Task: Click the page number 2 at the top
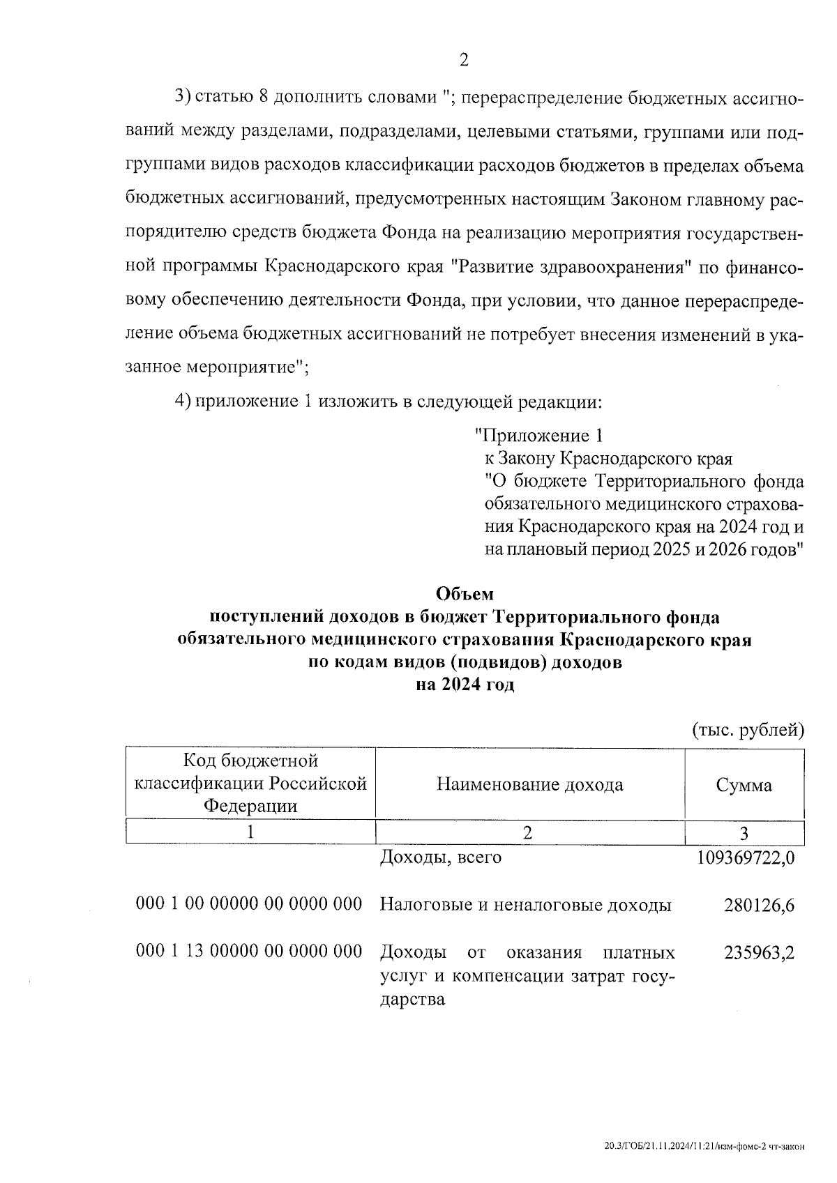pyautogui.click(x=464, y=60)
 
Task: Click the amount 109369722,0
pyautogui.click(x=745, y=857)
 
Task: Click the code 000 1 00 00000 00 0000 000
pyautogui.click(x=249, y=904)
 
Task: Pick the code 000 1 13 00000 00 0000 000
pyautogui.click(x=249, y=952)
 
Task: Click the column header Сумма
pyautogui.click(x=744, y=786)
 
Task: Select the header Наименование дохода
pyautogui.click(x=529, y=785)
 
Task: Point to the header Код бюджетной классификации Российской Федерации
pyautogui.click(x=250, y=784)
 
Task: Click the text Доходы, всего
pyautogui.click(x=440, y=857)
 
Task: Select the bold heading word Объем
pyautogui.click(x=464, y=594)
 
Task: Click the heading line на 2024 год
pyautogui.click(x=465, y=685)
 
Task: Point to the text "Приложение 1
pyautogui.click(x=538, y=436)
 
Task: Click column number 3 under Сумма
pyautogui.click(x=744, y=833)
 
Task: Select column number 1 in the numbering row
pyautogui.click(x=250, y=832)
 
